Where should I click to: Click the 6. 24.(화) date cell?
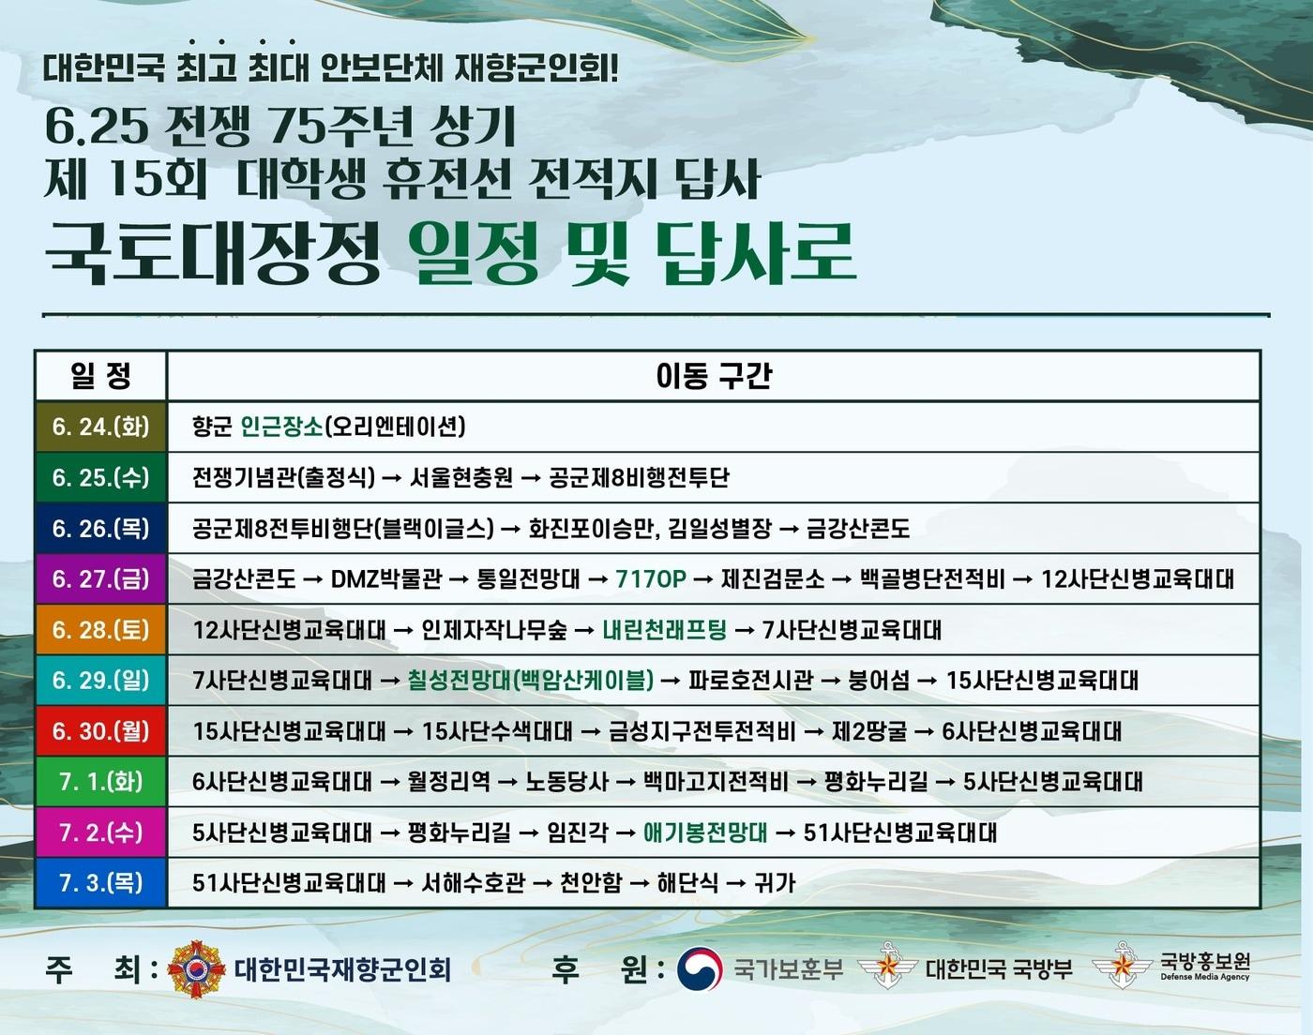(100, 427)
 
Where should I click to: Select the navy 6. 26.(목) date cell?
(100, 529)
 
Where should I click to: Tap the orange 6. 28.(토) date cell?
(100, 630)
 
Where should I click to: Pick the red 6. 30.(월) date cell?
(100, 731)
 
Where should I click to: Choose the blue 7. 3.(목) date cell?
(100, 883)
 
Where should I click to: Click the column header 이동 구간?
(713, 376)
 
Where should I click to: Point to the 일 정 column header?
(100, 376)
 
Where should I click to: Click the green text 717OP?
(651, 579)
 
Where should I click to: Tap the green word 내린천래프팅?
(664, 630)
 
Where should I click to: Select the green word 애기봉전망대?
(705, 832)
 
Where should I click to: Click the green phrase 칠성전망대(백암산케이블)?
(530, 681)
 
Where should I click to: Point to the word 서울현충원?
(461, 478)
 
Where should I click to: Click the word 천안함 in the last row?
(591, 883)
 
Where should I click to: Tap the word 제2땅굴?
(869, 731)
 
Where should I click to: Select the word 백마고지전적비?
(716, 782)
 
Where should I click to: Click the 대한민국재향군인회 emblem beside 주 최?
(196, 968)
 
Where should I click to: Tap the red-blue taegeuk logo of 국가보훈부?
(700, 968)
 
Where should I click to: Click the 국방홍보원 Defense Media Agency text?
(1205, 967)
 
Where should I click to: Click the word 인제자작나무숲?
(493, 630)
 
